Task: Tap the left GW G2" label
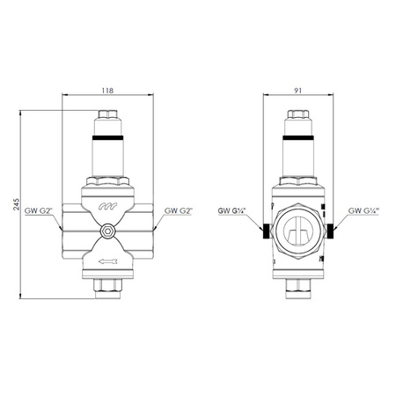[x=39, y=211]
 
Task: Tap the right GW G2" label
[x=177, y=211]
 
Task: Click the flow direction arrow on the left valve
[x=106, y=260]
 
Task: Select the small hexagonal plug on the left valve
[x=106, y=232]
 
